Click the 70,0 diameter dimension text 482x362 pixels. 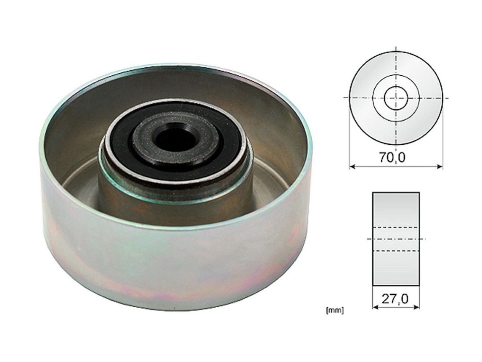coord(393,157)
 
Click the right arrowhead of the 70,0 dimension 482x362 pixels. coord(440,167)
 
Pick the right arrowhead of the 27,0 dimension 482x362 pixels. coord(416,308)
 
